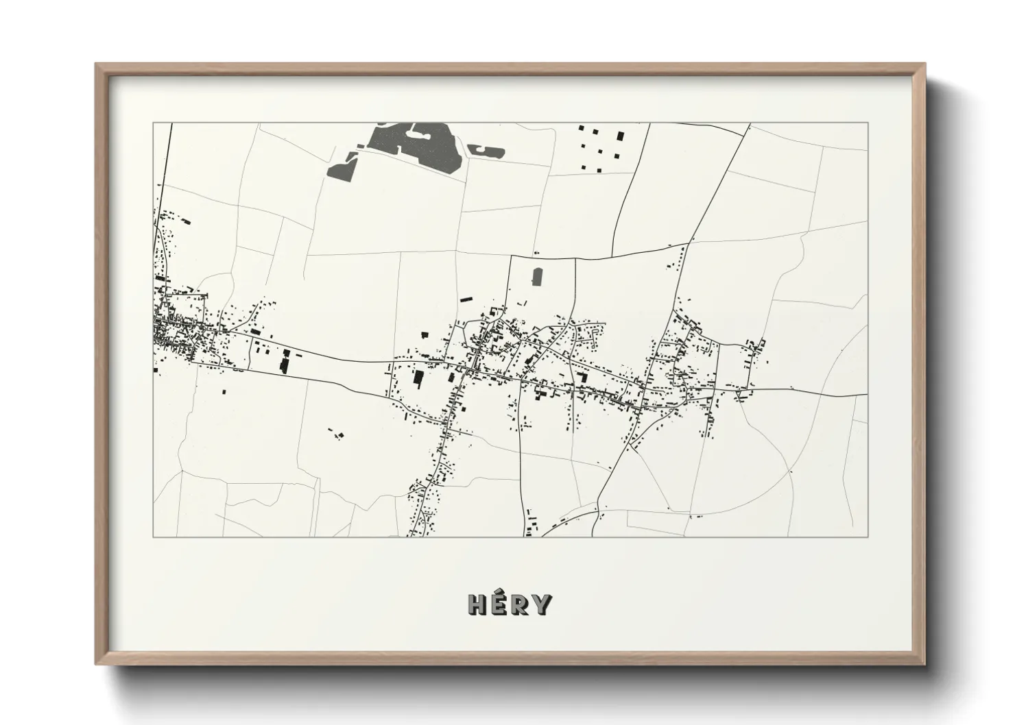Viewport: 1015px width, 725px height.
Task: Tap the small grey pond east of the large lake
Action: tap(486, 149)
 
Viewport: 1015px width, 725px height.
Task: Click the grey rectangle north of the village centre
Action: tap(537, 277)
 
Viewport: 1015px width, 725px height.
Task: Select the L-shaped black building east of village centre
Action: tap(583, 377)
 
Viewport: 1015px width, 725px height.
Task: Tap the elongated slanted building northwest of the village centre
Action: tap(467, 299)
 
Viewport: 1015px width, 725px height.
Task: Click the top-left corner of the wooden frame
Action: tap(96, 64)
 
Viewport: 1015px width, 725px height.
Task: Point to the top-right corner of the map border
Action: tap(868, 123)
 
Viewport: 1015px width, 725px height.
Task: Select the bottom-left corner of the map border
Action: tap(154, 537)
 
